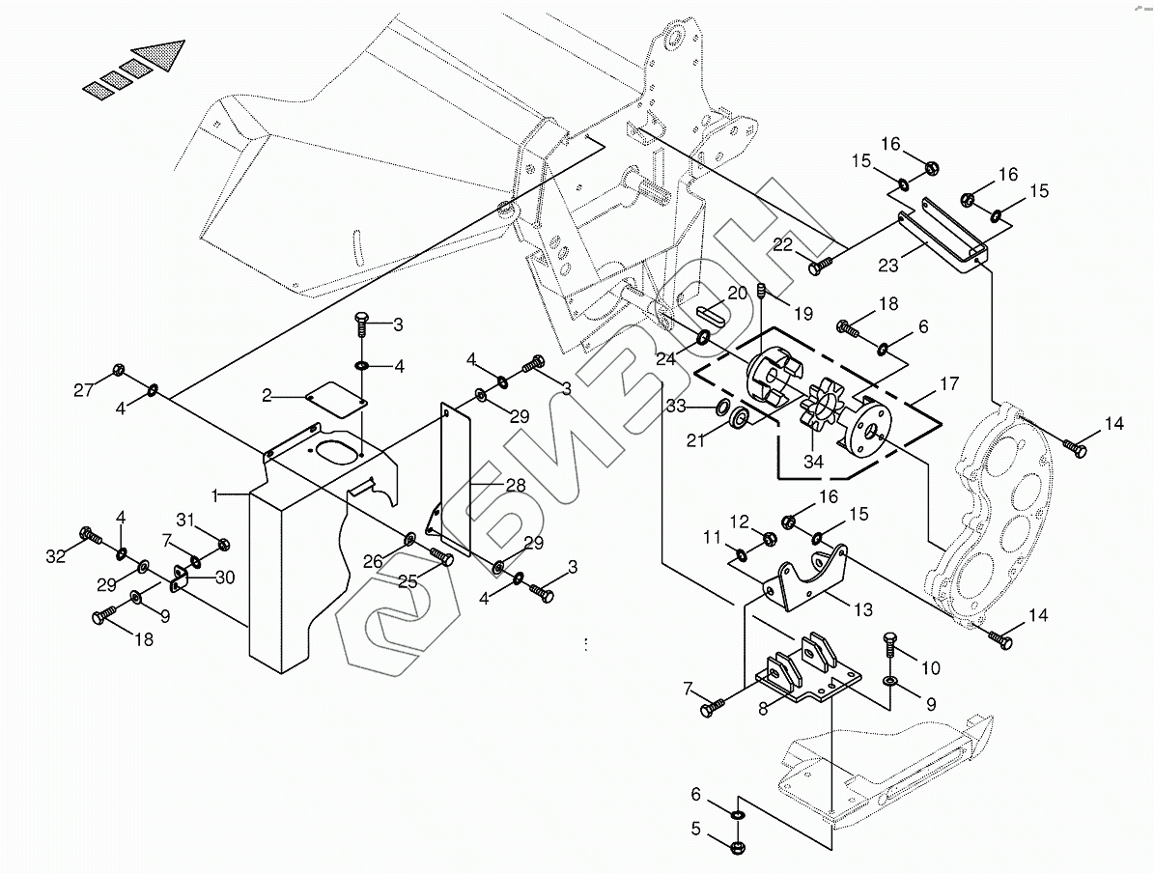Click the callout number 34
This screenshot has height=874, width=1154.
813,462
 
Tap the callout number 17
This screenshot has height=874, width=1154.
948,383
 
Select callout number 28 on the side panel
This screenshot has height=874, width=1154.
516,485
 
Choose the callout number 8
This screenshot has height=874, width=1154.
763,707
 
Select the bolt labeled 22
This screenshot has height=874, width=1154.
820,262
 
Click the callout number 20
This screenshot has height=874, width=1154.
738,294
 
